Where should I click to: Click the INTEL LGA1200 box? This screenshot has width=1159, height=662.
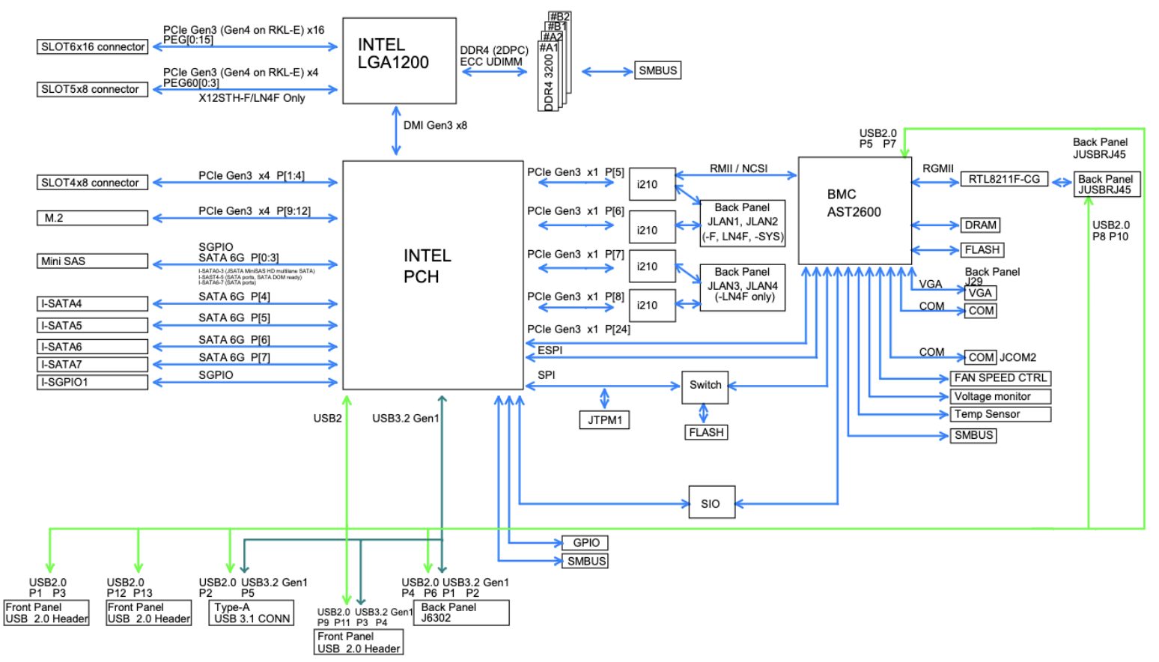pos(399,61)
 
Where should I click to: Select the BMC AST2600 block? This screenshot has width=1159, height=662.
pos(854,210)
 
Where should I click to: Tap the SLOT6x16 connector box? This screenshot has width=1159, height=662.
pos(92,46)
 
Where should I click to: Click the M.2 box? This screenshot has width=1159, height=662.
pos(92,218)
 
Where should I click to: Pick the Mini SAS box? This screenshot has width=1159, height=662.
pos(92,261)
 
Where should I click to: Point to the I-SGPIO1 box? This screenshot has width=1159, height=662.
pos(92,382)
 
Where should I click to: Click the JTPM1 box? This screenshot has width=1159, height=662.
pos(604,420)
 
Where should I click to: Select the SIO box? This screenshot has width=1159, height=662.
pos(711,503)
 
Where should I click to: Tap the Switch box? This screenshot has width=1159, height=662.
pos(705,386)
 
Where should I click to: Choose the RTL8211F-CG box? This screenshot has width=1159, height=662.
pos(1004,179)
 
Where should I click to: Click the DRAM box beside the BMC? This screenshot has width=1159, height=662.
pos(980,225)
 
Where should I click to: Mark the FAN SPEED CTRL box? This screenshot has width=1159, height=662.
pos(1000,378)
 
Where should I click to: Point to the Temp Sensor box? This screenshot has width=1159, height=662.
pos(1000,414)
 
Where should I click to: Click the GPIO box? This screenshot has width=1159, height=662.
pos(585,542)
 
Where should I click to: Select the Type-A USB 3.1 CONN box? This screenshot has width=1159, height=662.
pos(252,613)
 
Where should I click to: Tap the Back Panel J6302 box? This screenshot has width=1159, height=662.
pos(461,613)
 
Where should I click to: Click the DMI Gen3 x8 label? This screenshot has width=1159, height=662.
pos(435,125)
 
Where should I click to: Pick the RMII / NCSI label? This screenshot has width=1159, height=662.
pos(738,168)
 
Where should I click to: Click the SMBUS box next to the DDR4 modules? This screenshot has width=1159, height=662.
pos(657,70)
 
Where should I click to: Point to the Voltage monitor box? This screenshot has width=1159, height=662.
pos(1000,396)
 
